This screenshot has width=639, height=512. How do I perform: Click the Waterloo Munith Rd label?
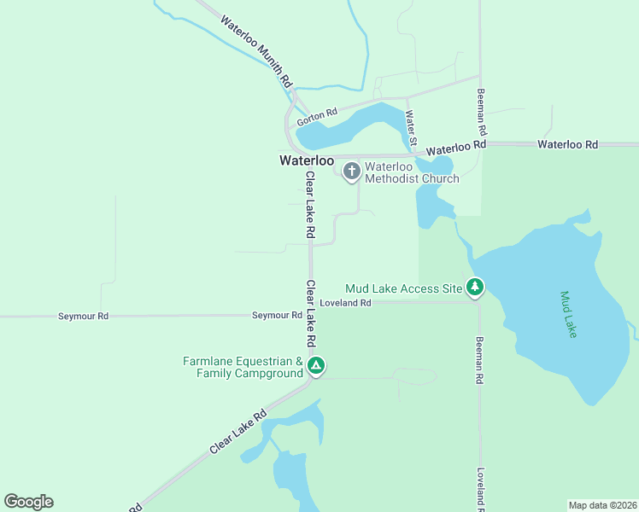pos(257,50)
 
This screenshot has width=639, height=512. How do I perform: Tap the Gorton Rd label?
pos(317,117)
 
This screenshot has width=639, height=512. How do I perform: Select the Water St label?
pos(412,126)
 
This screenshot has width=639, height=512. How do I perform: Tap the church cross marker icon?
pos(351,172)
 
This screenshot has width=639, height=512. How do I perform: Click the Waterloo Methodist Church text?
pos(411,172)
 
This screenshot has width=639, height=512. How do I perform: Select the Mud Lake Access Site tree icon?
pos(476,288)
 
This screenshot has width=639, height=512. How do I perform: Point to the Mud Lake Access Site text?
pos(403,288)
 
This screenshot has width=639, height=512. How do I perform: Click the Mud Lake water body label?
pos(568,315)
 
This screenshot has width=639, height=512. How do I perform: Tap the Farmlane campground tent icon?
pos(316,367)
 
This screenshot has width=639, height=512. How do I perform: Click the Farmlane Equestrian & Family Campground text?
pos(243,367)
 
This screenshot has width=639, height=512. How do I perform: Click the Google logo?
pos(28,502)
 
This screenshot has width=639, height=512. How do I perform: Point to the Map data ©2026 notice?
pos(602,504)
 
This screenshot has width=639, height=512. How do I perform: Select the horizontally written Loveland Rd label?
pos(345,303)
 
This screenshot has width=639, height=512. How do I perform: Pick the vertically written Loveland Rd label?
pos(481,490)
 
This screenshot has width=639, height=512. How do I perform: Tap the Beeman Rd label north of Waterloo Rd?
pos(482,114)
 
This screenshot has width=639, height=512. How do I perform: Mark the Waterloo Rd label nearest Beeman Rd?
pos(456,146)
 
